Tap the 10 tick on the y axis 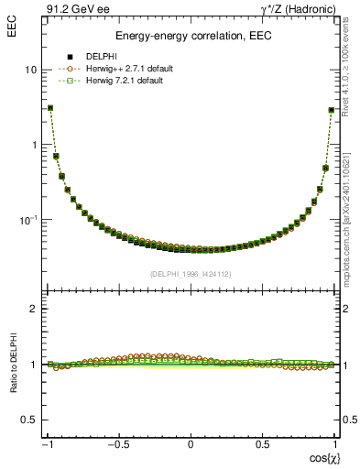point(30,71)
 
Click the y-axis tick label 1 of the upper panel point(33,145)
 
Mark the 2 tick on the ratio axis point(33,310)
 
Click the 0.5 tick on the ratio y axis point(28,420)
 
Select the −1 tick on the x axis point(47,443)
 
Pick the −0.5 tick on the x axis point(117,443)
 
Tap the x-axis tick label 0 point(191,443)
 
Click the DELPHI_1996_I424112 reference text point(191,274)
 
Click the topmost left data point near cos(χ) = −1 point(50,107)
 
